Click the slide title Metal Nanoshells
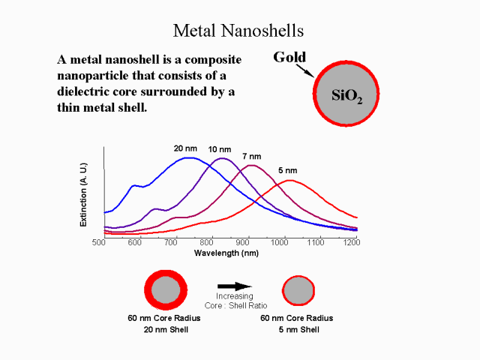239,31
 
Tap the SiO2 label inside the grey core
347,96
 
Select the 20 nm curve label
185,148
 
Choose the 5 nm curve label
288,169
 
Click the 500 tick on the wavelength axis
98,243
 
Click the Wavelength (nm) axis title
226,253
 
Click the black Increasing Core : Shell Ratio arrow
235,286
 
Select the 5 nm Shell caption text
301,329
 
